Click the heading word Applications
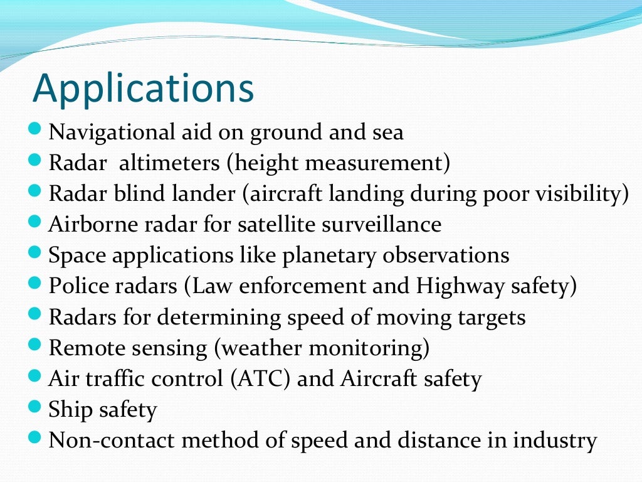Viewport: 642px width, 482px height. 143,90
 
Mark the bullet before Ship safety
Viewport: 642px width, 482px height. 36,409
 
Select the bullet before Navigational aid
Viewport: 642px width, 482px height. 36,132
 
